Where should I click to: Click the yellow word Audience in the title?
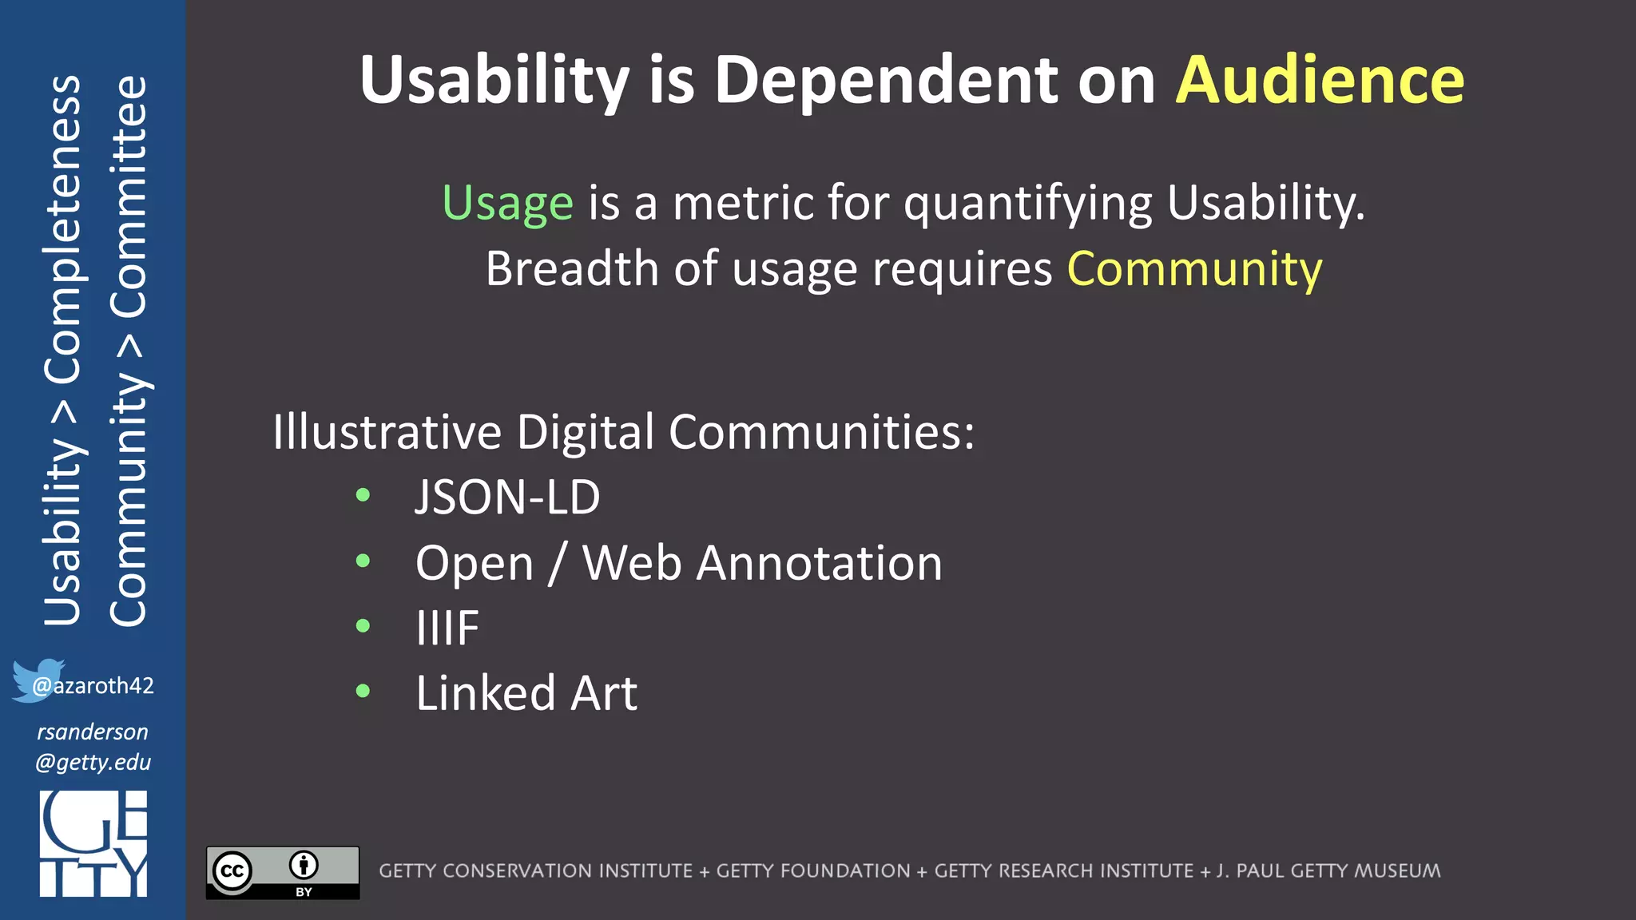[x=1320, y=80]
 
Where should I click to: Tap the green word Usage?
[x=508, y=203]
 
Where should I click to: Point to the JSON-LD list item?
[x=507, y=497]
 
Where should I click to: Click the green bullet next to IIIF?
[x=363, y=625]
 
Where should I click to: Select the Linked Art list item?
[x=526, y=692]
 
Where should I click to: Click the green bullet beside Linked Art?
[x=363, y=691]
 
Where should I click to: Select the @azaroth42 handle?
[x=93, y=685]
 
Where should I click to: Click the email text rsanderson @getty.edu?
[x=93, y=747]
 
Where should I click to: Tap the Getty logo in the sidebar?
[x=93, y=843]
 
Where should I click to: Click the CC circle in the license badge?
[x=232, y=871]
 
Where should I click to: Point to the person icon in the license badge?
[x=304, y=865]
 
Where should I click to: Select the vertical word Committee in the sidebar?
[x=128, y=196]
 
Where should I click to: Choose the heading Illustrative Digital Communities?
[x=623, y=432]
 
